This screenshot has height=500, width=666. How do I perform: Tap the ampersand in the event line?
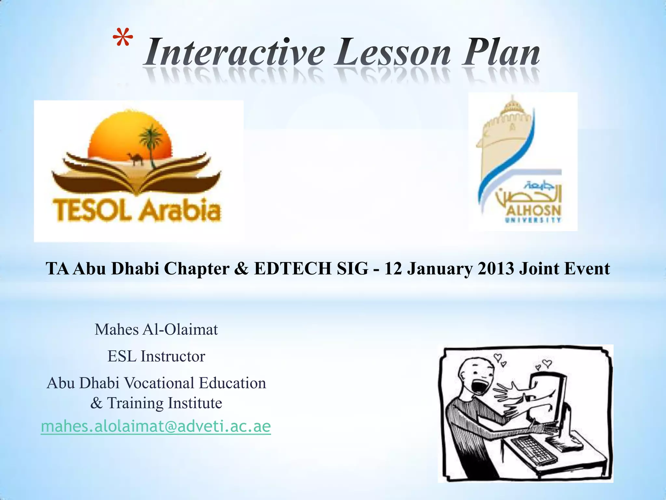tap(241, 269)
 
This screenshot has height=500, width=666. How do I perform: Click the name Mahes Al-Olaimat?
tap(156, 329)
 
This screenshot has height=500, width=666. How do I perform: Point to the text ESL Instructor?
tap(156, 356)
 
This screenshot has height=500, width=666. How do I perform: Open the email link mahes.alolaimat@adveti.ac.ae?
tap(156, 426)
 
